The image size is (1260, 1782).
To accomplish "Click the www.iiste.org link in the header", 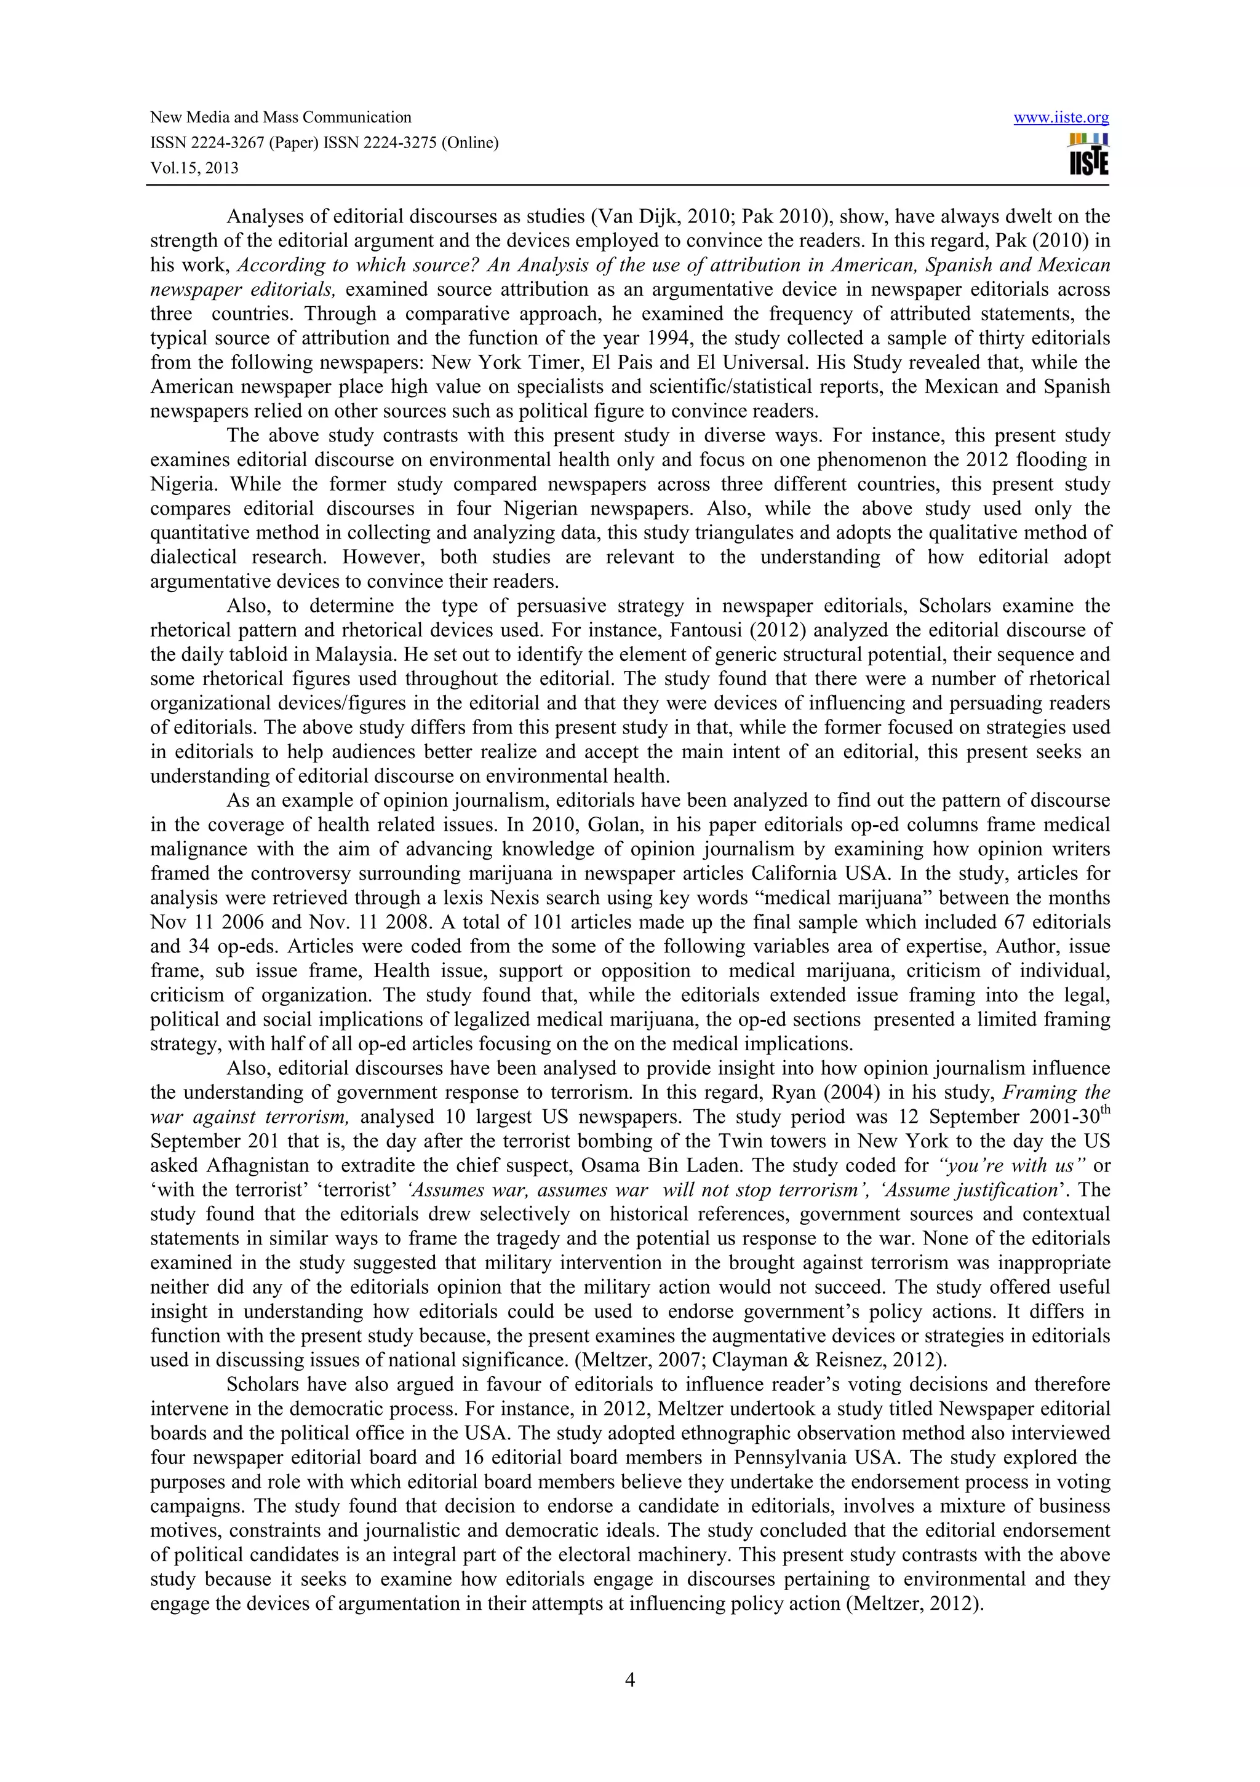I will click(1061, 118).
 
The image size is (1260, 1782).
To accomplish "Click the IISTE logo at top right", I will click(1088, 154).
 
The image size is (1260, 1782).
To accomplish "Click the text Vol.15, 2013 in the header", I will click(194, 168).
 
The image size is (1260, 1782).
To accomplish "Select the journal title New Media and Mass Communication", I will click(281, 118).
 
